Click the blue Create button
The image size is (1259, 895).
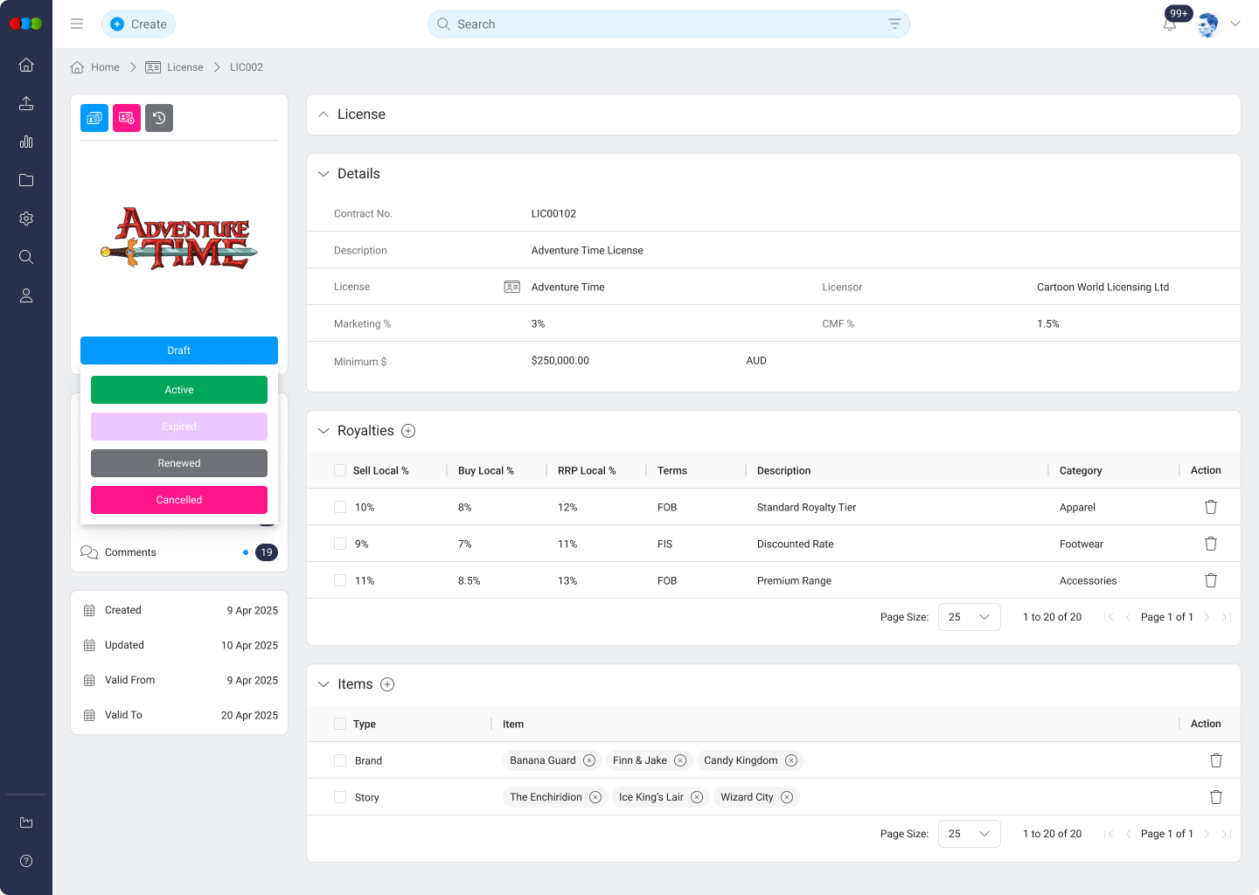(138, 24)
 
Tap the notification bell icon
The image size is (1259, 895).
(1170, 24)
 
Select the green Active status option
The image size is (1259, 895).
(179, 390)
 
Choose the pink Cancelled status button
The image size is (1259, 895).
(179, 500)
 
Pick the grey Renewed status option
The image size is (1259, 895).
(179, 463)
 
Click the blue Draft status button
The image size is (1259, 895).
(179, 350)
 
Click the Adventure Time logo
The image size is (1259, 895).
(179, 238)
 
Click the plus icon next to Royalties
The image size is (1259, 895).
(408, 431)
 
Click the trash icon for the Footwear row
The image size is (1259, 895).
(1211, 544)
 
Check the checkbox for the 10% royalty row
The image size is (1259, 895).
(340, 507)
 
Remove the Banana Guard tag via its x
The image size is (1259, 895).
(589, 760)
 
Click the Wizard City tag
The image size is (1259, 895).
(747, 797)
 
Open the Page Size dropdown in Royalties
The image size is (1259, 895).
(969, 617)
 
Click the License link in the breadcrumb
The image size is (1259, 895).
(184, 67)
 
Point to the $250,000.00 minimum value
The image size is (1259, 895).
(560, 360)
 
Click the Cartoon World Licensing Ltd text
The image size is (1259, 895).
(1102, 287)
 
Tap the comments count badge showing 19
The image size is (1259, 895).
(267, 552)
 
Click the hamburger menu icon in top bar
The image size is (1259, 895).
(77, 24)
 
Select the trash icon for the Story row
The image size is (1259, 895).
(1215, 797)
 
